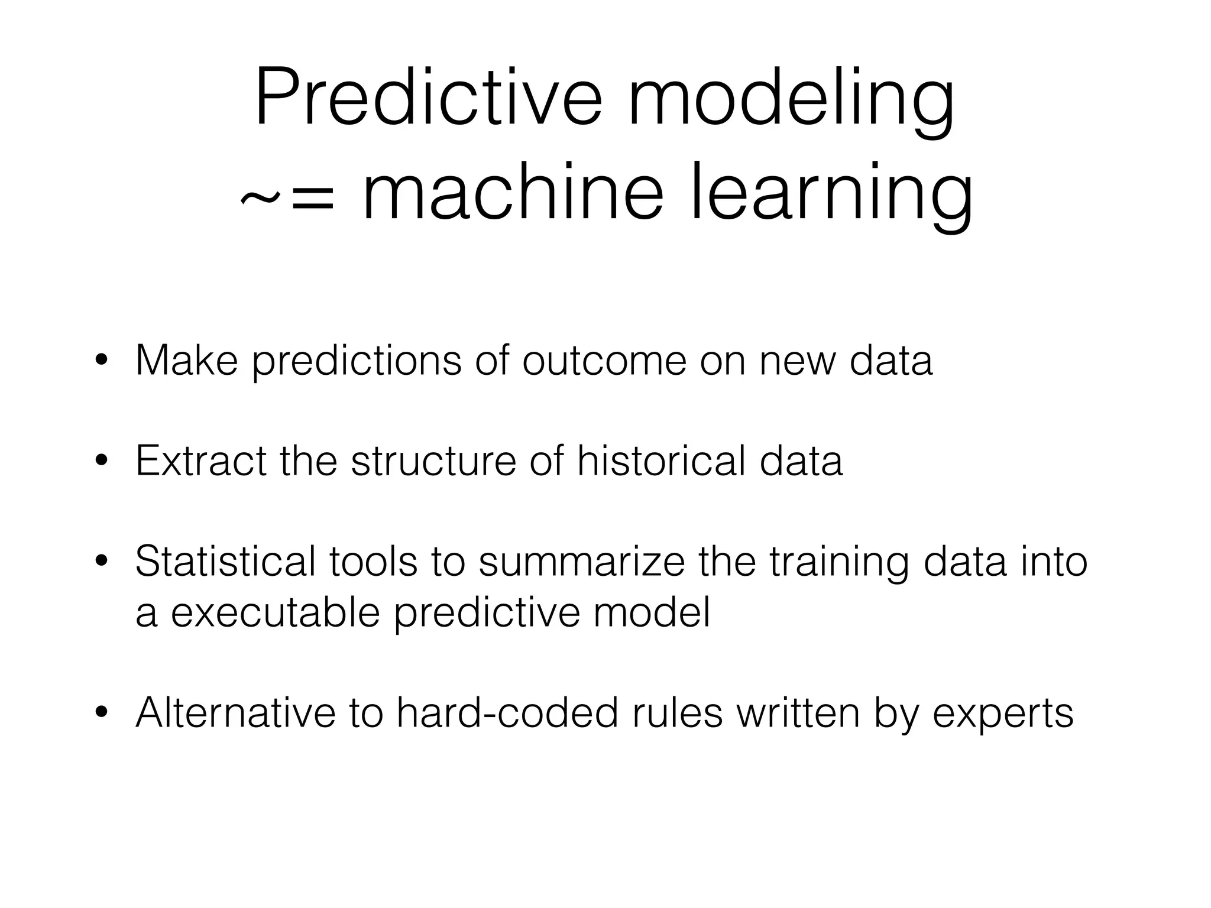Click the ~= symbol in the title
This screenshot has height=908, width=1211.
click(287, 198)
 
